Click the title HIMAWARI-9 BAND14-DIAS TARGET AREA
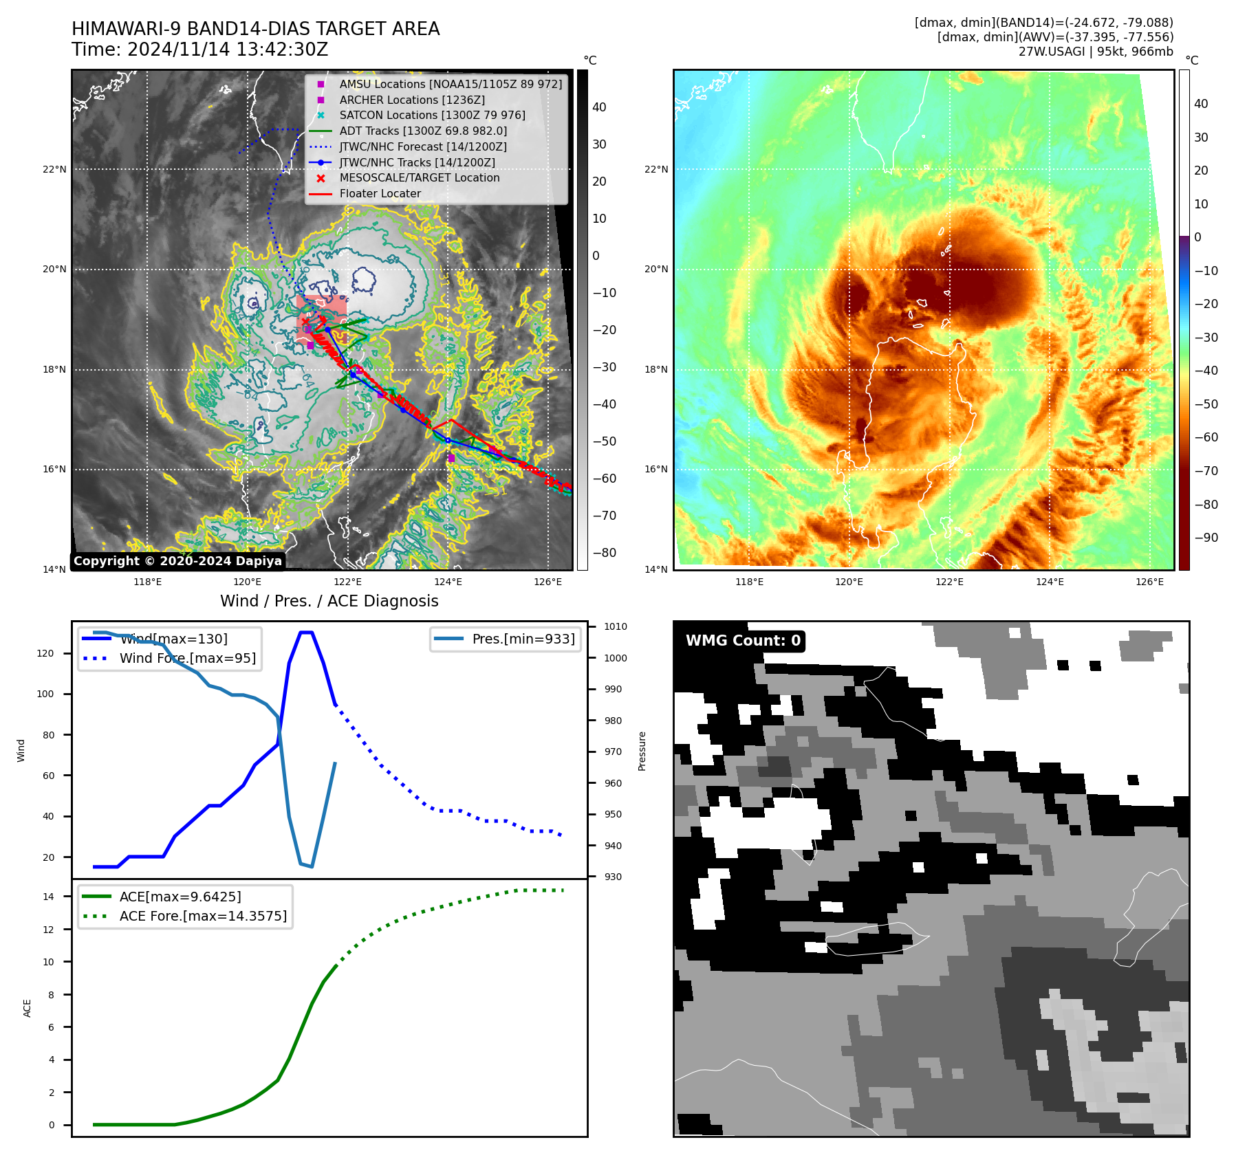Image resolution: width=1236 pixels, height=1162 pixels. (255, 29)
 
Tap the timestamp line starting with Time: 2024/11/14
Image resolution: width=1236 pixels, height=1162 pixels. (199, 50)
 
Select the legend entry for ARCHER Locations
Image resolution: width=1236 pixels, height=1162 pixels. (411, 100)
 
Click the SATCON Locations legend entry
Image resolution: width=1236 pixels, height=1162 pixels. (431, 116)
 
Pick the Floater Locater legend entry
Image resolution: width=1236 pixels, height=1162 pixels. (380, 194)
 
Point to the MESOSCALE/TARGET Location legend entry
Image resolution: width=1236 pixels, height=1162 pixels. (419, 178)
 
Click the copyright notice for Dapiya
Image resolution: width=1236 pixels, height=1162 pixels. (177, 561)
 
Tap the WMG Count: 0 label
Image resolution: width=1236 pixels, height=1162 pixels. (743, 641)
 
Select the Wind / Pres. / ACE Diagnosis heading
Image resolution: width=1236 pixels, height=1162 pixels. (329, 601)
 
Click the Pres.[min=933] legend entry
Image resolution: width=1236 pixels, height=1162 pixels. (523, 639)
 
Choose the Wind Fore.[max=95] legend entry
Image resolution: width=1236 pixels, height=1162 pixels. (187, 658)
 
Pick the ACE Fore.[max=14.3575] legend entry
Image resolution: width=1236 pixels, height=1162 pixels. (202, 916)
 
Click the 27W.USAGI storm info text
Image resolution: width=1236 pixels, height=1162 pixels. (1095, 52)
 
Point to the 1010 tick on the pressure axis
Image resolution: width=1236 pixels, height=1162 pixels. (615, 626)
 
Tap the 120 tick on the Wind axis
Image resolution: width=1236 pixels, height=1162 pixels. (45, 653)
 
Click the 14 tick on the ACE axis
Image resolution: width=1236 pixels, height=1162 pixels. (48, 897)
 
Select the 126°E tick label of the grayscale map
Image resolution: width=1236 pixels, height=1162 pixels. (547, 582)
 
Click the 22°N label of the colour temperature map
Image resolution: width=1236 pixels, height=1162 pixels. (655, 169)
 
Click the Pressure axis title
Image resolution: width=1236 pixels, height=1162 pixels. (642, 751)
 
